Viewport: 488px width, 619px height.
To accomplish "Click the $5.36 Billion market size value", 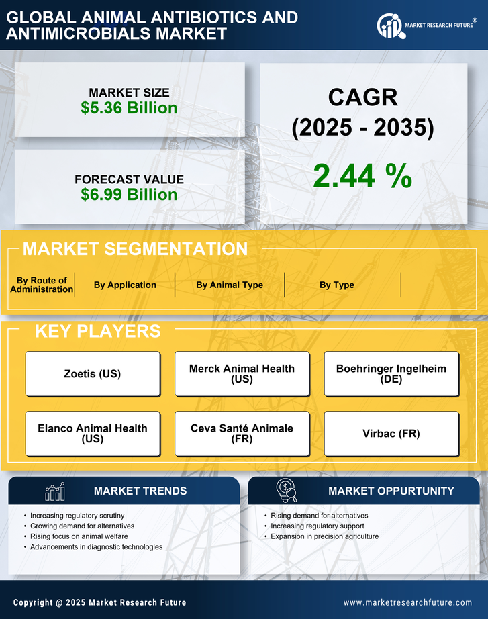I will click(x=129, y=108).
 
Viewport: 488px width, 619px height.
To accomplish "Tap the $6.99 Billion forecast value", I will click(x=129, y=195).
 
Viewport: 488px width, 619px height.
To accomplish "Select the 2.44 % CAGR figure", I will click(x=362, y=176).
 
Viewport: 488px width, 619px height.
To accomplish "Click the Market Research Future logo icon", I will click(x=389, y=26).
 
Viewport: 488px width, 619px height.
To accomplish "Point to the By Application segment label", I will click(x=125, y=285).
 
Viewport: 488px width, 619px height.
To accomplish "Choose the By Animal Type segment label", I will click(x=230, y=285).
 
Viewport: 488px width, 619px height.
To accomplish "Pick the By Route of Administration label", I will click(x=42, y=285).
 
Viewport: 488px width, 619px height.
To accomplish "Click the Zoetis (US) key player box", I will click(x=93, y=374).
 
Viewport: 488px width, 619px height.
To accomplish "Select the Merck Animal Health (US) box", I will click(x=242, y=374).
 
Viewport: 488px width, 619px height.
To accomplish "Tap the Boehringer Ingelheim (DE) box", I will click(x=391, y=374).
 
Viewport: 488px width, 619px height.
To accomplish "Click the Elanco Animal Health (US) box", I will click(x=93, y=434).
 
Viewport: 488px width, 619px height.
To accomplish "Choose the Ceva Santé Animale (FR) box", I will click(x=242, y=434).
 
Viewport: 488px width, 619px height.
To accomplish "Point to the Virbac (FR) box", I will click(x=391, y=434).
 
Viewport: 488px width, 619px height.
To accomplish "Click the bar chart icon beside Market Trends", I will click(x=54, y=491).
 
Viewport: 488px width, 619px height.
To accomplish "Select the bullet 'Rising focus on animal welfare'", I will click(x=79, y=536).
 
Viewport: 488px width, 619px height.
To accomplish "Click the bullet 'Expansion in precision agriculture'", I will click(x=325, y=536).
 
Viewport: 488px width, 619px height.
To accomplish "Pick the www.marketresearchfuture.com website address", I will click(x=407, y=602).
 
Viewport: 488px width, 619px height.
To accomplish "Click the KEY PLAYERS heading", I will click(x=97, y=331).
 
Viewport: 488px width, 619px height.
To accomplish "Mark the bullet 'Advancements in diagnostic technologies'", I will click(x=97, y=547).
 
